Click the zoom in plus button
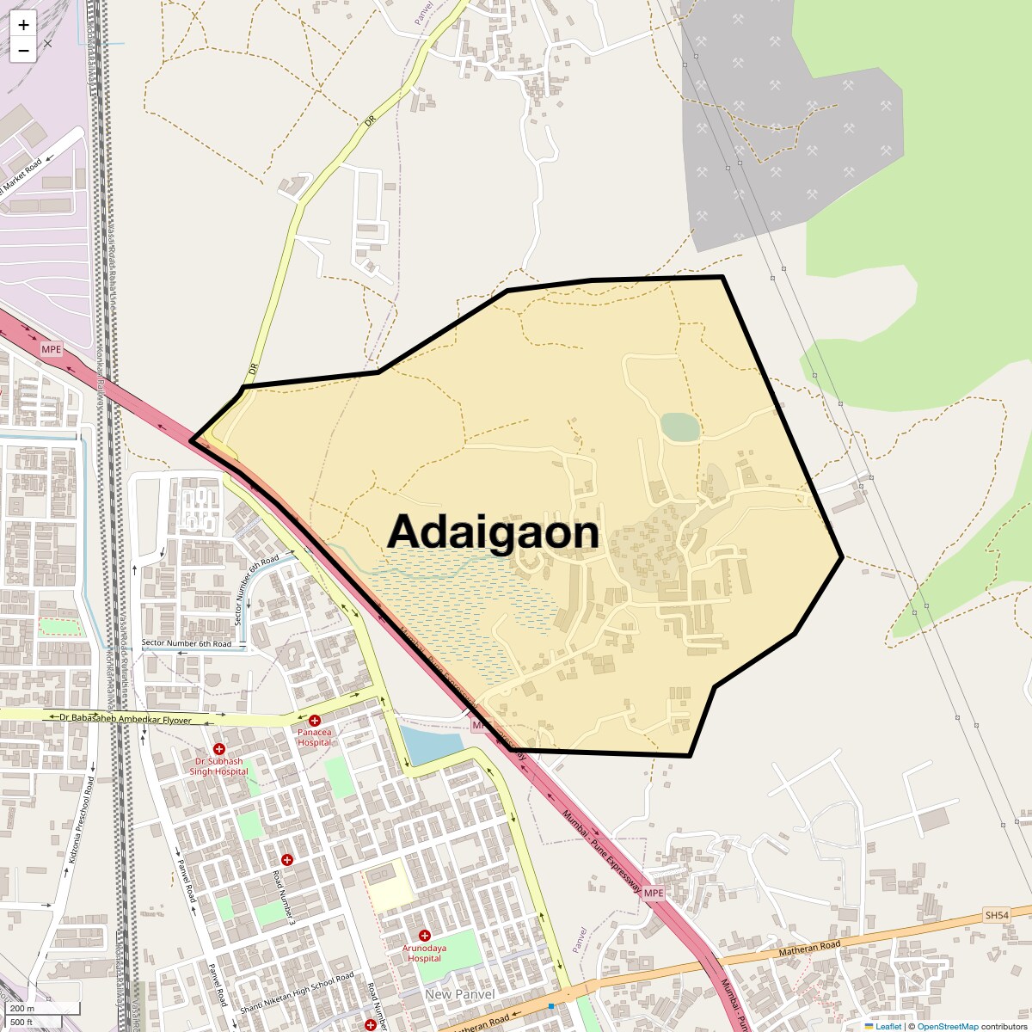coord(23,25)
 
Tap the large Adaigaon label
coord(493,532)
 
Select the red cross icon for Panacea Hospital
coord(315,720)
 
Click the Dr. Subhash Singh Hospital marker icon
coord(219,749)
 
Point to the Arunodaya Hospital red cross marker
coord(424,935)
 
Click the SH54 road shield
coord(997,915)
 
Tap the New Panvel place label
coord(460,994)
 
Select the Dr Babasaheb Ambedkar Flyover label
coord(125,718)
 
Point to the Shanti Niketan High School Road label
coord(297,992)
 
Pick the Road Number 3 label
coord(284,898)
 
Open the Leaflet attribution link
coord(888,1026)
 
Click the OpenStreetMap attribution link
coord(947,1026)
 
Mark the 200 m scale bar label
coord(22,1009)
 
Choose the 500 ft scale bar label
coord(21,1023)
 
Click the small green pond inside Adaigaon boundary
coord(679,427)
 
